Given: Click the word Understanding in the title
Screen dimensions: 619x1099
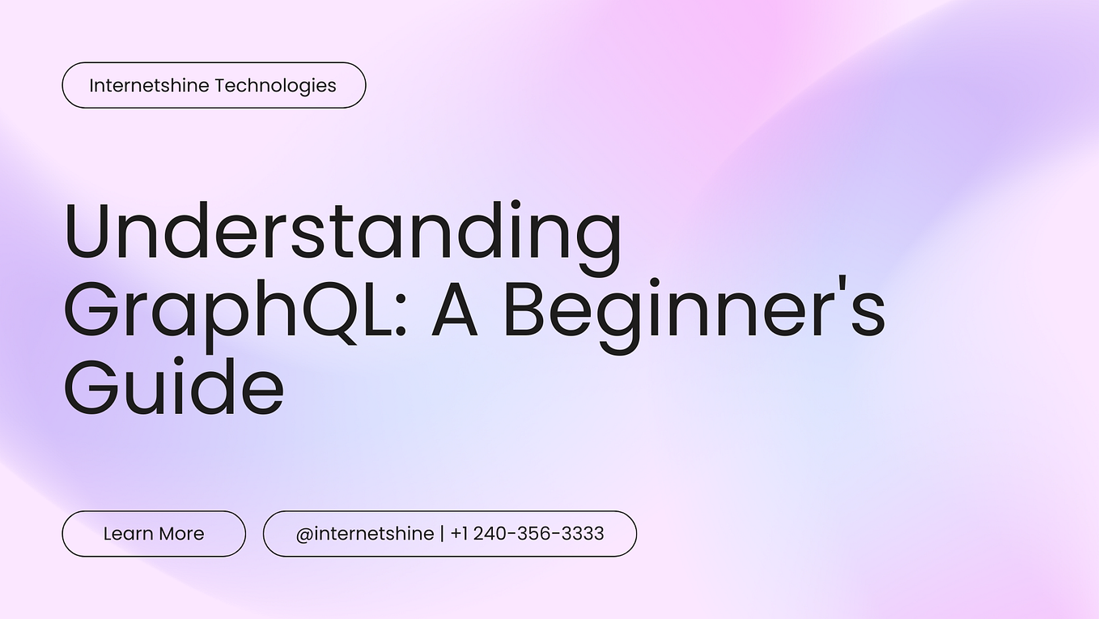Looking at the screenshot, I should (x=343, y=233).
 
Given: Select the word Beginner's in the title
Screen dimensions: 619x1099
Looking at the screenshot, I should (x=694, y=311).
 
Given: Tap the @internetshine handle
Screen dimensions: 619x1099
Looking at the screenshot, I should (x=365, y=534).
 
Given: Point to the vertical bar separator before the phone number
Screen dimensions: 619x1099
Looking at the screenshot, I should (x=442, y=534).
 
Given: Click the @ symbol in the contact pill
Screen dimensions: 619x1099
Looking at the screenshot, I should (x=304, y=534).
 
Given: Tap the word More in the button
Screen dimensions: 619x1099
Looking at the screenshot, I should (x=181, y=534).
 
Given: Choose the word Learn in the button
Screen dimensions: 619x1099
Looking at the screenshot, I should (x=129, y=534).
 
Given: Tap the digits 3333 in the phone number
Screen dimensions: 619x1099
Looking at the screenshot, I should (x=582, y=534).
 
